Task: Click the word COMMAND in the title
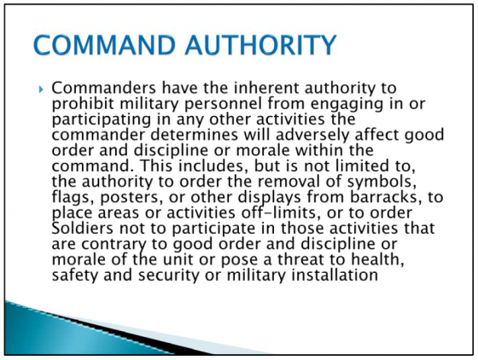104,45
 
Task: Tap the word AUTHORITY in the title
260,45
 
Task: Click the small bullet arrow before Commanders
41,90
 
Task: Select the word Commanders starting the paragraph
103,88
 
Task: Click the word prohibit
84,104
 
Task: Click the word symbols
382,182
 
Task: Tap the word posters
129,197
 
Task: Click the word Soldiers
83,228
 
